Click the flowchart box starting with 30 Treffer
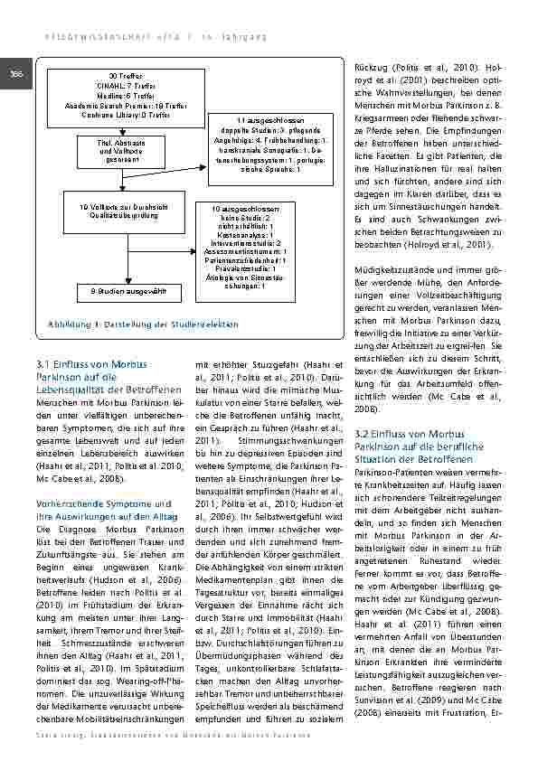(126, 94)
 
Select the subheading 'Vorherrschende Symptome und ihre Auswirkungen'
(98, 507)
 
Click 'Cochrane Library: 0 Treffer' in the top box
(126, 115)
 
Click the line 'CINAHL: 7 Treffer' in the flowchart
(126, 84)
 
